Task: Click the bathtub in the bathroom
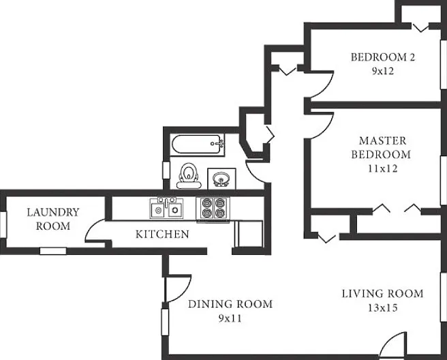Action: coord(197,145)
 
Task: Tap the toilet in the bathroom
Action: coord(188,176)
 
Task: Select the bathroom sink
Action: coord(221,179)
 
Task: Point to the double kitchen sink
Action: coord(166,208)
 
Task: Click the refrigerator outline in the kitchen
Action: coord(248,233)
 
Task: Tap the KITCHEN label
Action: coord(162,234)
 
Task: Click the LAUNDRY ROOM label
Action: coord(53,219)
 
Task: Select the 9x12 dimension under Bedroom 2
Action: coord(382,71)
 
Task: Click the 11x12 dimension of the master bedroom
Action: coord(382,168)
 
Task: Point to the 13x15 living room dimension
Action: coord(382,307)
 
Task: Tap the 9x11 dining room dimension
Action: coord(230,318)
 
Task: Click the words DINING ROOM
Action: coord(230,304)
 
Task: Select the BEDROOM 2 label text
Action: coord(382,57)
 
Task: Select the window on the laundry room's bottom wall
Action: coord(53,251)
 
